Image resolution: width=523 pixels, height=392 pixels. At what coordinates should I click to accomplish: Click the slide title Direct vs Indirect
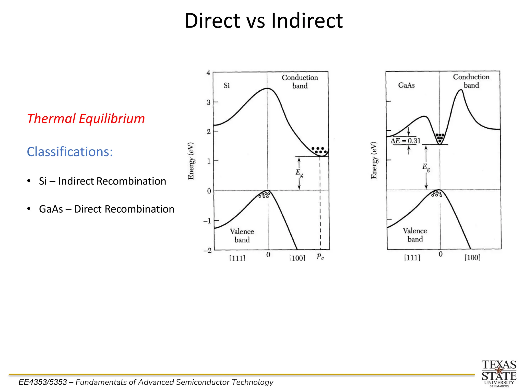[264, 21]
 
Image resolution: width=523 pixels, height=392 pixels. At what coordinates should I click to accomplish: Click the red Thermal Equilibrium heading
[86, 119]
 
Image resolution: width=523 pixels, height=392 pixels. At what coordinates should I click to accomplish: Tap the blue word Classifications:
[70, 152]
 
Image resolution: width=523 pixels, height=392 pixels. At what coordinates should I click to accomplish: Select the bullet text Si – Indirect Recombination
[102, 181]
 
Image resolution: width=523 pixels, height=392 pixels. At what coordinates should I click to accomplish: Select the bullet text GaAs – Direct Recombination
[106, 209]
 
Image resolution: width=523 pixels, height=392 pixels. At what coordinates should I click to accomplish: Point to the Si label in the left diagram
[227, 85]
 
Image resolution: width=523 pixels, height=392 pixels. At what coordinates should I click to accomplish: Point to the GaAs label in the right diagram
[406, 85]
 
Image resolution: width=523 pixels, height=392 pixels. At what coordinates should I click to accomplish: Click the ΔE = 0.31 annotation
[405, 141]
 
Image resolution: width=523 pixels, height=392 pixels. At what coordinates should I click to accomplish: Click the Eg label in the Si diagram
[299, 173]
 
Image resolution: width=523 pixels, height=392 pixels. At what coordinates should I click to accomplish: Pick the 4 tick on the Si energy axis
[208, 73]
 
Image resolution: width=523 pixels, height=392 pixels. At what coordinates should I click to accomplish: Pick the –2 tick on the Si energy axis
[208, 250]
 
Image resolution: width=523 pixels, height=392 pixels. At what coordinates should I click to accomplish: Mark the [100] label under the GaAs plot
[472, 258]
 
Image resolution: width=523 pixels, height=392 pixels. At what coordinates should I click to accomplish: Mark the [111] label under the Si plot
[237, 258]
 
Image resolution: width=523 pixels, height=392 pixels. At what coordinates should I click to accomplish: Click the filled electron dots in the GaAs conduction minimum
[440, 137]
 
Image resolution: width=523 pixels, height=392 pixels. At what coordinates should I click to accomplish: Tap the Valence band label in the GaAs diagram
[415, 235]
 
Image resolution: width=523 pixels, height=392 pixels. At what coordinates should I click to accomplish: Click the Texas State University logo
[499, 373]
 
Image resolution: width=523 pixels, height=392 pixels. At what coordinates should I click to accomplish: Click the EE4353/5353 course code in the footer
[43, 382]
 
